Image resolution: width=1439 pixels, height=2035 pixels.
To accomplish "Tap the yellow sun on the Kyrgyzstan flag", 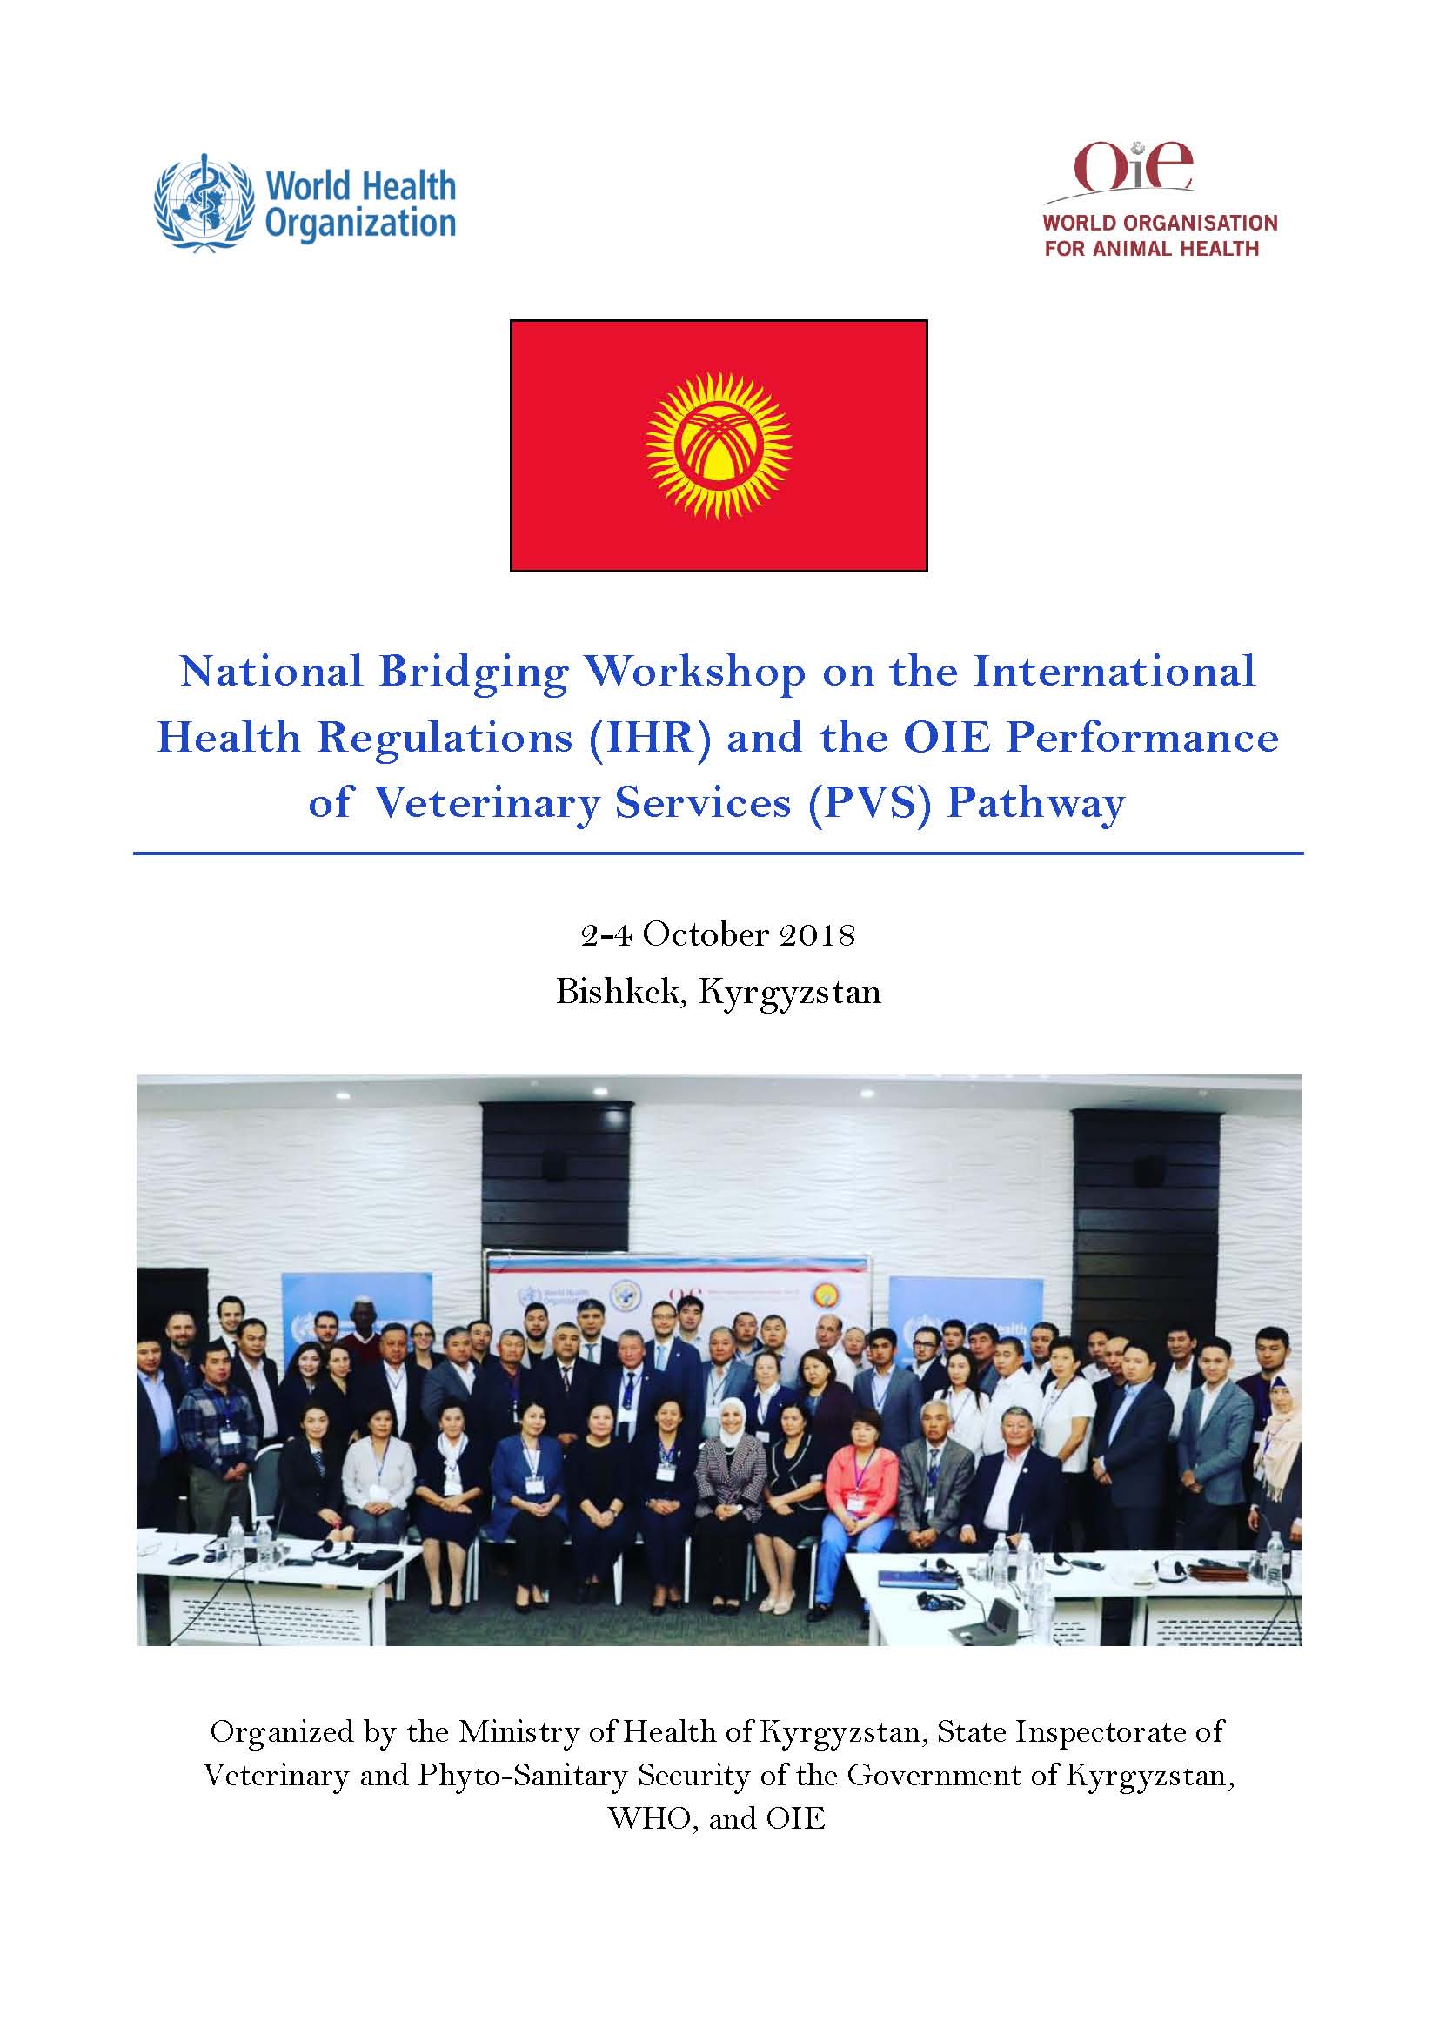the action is pos(719,445).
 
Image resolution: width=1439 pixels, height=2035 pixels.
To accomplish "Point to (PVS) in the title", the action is pos(869,804).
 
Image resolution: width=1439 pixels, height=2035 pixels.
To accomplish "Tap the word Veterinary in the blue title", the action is pos(487,805).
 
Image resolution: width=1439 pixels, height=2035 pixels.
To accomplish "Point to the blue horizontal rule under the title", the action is pos(719,853).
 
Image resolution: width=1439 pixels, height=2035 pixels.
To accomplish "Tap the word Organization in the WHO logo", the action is pos(361,224).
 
